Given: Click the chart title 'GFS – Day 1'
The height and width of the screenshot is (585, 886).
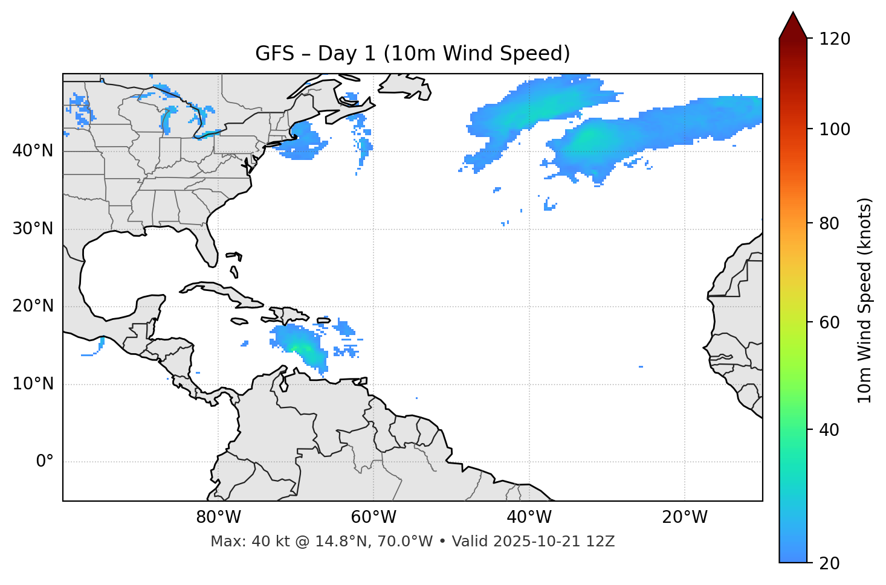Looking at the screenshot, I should (412, 54).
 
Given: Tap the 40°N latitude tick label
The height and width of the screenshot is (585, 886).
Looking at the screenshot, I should (33, 151).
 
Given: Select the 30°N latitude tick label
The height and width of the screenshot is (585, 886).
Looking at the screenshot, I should (33, 229).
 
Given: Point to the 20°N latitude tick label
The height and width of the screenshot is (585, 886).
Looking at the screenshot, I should (33, 306).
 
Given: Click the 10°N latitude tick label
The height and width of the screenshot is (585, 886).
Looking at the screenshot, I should (33, 384).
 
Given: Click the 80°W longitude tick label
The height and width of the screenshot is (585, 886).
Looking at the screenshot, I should (218, 517).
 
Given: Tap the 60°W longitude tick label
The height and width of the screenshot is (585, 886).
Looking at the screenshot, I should (373, 517).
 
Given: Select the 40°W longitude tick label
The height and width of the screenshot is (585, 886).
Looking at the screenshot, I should (529, 517).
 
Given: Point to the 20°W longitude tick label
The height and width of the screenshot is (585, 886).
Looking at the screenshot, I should (684, 517).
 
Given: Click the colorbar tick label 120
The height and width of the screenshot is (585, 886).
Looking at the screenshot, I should (835, 39).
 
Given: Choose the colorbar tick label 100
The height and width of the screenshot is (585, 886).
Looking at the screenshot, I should (835, 129).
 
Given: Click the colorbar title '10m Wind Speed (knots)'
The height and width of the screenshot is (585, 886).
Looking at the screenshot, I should (865, 300).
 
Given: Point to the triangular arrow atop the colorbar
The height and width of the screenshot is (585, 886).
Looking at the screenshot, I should (793, 26).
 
